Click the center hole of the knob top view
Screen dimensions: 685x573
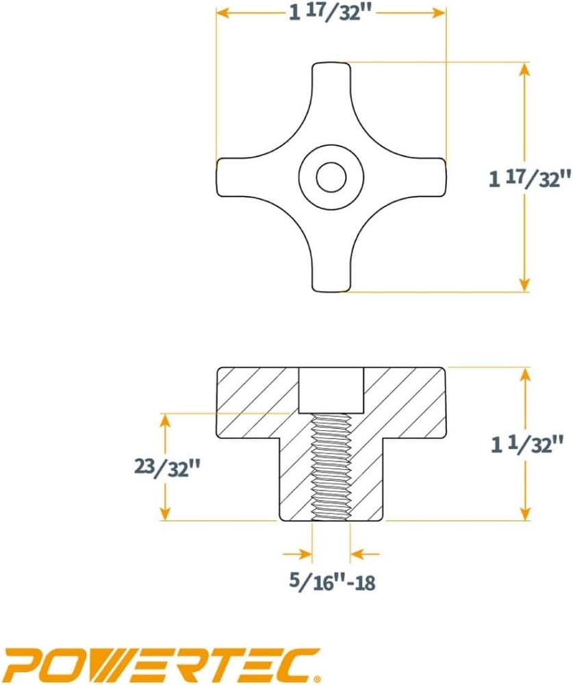(x=331, y=177)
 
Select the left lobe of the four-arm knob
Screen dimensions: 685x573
(x=236, y=177)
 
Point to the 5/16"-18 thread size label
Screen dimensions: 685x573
(x=332, y=582)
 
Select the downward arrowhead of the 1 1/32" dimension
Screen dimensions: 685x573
(x=525, y=514)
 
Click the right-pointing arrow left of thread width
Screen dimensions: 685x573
(x=301, y=553)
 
